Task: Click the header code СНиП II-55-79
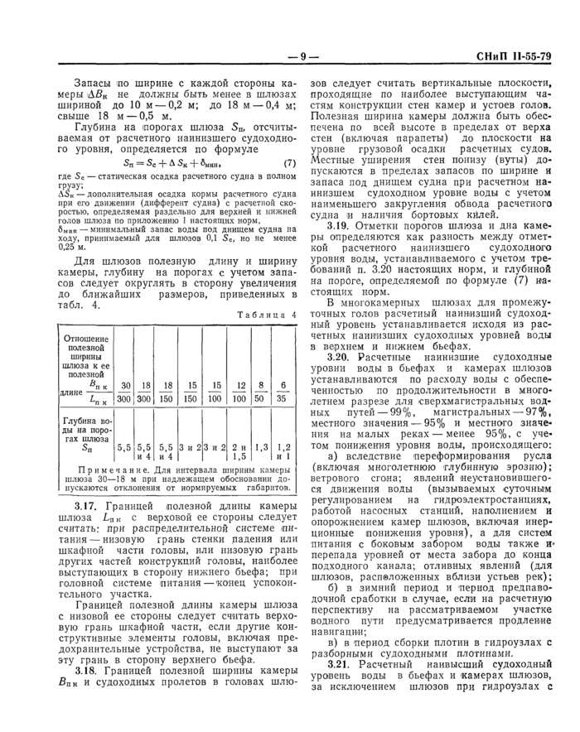pyautogui.click(x=512, y=57)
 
